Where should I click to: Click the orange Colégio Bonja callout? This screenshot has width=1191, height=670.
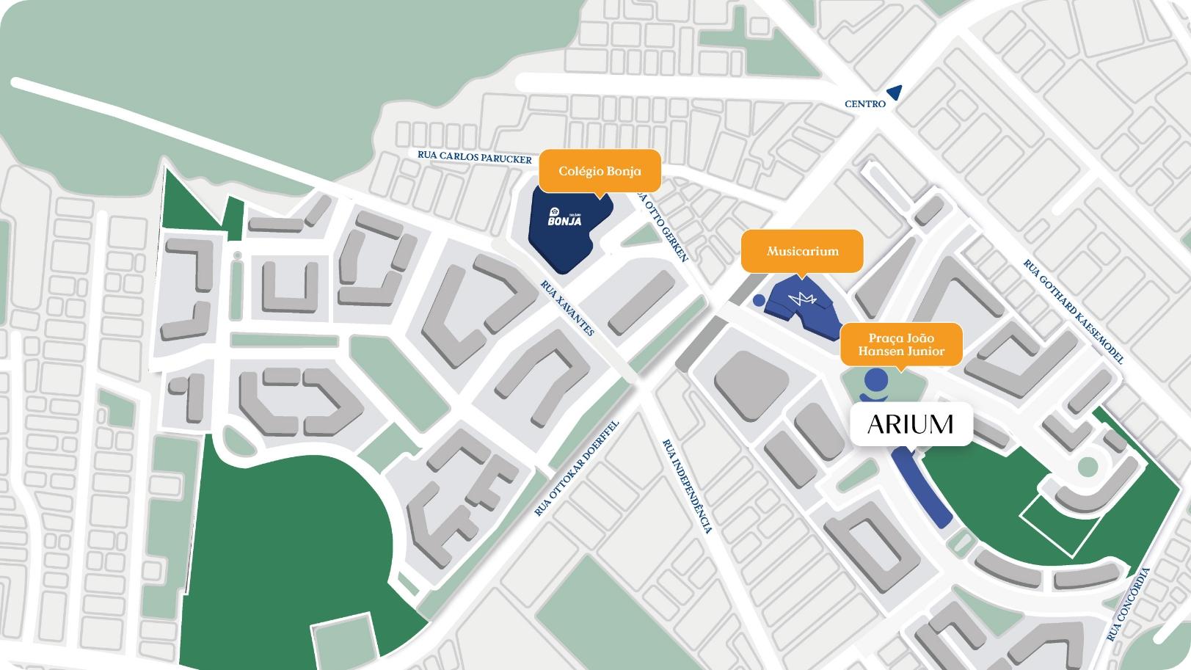[x=600, y=171]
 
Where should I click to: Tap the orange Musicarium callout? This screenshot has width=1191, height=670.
[x=802, y=251]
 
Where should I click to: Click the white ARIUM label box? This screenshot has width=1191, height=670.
[x=911, y=423]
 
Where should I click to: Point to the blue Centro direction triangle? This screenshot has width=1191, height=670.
[x=895, y=92]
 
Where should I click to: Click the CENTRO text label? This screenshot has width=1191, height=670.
[x=865, y=104]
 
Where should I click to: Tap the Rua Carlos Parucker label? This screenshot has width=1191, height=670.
[x=474, y=156]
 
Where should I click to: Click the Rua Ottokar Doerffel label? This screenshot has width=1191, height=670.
[x=578, y=468]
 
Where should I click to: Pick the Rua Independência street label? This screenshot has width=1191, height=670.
[x=688, y=487]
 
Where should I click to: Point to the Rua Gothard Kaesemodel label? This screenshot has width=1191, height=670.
[x=1073, y=312]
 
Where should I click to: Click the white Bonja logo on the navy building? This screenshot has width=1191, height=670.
[x=564, y=217]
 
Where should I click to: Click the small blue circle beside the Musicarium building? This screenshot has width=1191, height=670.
[x=759, y=300]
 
